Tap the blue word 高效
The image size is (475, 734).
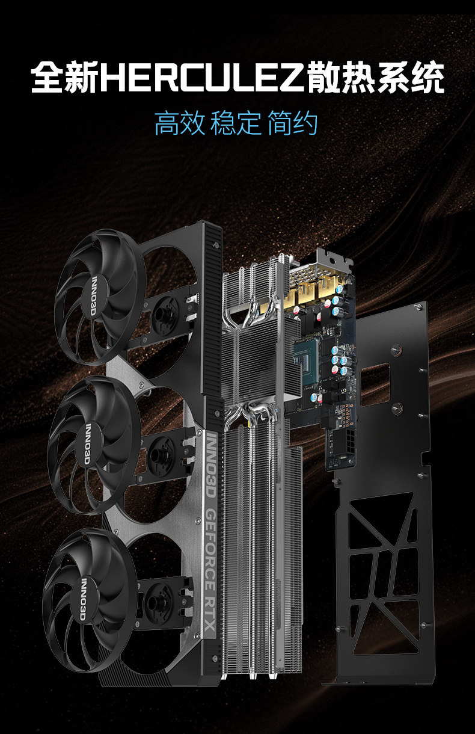tap(180, 123)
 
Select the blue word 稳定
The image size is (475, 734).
tap(236, 123)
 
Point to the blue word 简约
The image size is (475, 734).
tap(292, 123)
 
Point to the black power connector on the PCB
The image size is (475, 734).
tap(349, 442)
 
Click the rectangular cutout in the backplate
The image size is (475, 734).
tap(375, 384)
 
